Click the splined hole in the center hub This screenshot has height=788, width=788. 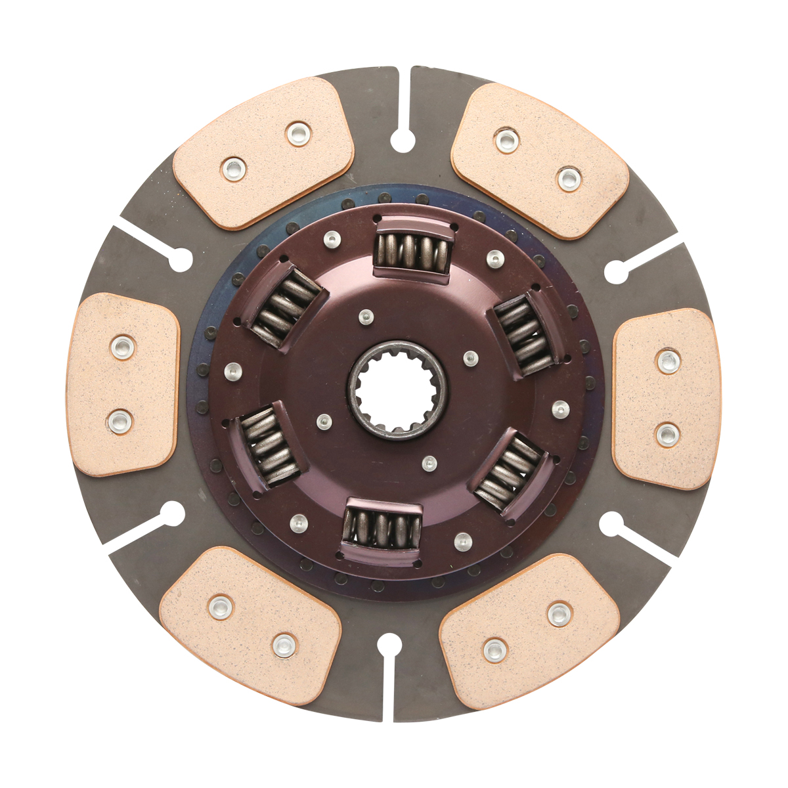(397, 390)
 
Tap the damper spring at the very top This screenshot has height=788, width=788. (412, 250)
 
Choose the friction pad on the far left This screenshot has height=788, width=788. (123, 384)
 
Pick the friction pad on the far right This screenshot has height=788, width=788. (667, 399)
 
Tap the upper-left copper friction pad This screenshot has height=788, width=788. (263, 152)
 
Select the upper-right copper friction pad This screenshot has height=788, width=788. (540, 160)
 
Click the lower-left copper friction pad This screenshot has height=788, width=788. (250, 626)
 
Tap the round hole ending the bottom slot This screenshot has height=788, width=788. (389, 646)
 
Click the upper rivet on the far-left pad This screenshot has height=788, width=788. (122, 346)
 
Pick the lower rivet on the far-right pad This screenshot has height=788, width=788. (667, 433)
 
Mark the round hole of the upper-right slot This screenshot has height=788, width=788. (616, 271)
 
